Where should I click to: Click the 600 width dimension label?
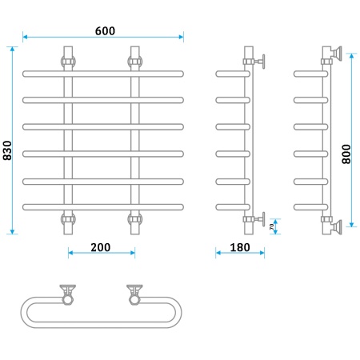105,31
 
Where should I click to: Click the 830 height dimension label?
7,150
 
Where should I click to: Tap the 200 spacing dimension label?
101,247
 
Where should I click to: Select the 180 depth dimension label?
240,247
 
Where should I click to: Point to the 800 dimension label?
346,154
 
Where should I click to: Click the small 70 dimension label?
271,226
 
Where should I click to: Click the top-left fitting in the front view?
68,61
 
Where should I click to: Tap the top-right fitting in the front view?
135,61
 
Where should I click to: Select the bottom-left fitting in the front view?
68,219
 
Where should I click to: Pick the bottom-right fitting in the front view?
135,219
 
